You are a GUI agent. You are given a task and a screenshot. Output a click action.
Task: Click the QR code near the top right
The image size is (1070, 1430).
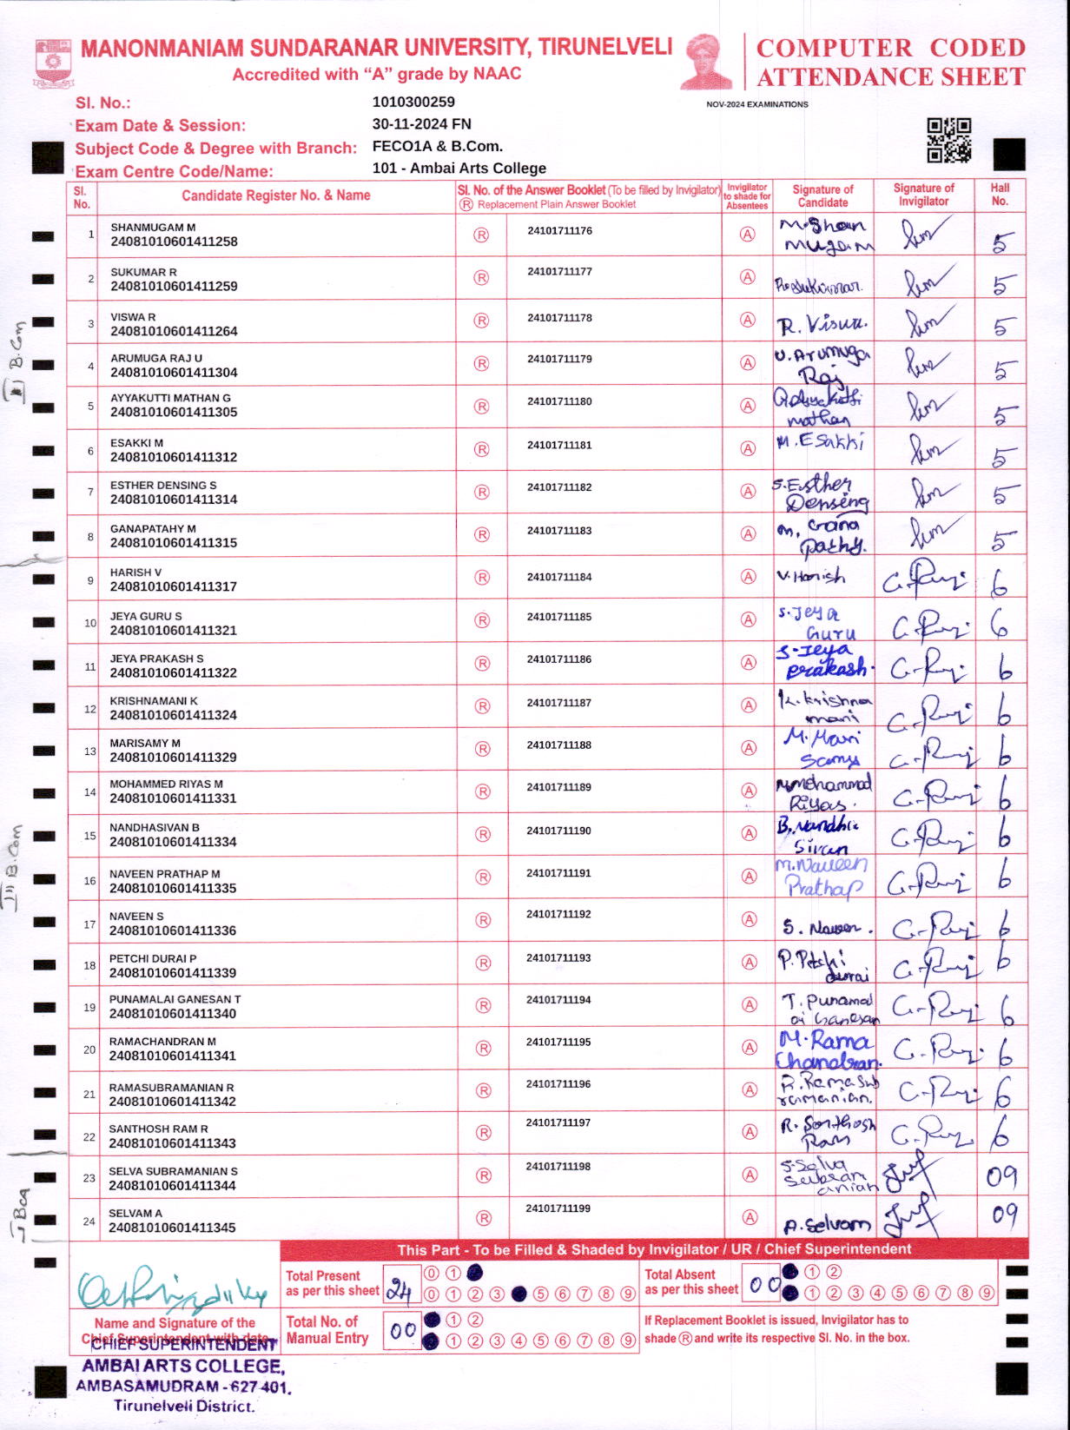coord(948,140)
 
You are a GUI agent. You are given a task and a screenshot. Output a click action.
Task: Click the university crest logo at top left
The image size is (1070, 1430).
coord(54,63)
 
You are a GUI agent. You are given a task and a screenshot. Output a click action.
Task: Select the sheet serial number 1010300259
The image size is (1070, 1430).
coord(413,103)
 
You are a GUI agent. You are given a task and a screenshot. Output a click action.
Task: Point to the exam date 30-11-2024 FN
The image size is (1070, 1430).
coord(422,124)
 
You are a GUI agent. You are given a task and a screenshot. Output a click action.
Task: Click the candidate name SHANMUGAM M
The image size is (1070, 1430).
coord(153,228)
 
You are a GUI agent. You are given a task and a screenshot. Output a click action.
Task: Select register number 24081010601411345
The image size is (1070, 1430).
coord(173,1228)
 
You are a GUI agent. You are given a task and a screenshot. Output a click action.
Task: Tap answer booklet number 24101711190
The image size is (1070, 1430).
coord(558,831)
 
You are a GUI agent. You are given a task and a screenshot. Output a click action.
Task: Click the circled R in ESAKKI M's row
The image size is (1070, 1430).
coord(481,449)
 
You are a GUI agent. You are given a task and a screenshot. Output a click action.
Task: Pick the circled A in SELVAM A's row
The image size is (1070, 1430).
coord(748,1217)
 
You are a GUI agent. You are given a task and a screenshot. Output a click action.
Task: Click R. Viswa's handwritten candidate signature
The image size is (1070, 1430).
coord(822,326)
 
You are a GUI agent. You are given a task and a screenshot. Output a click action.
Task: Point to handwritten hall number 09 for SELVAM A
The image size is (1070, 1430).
coord(1004,1214)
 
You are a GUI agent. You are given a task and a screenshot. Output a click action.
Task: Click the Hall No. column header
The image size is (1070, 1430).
coord(1000,195)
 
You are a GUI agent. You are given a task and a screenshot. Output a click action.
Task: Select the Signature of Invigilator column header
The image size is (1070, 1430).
coord(923,195)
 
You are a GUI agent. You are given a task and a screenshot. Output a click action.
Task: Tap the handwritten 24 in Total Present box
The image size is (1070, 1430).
coord(399,1290)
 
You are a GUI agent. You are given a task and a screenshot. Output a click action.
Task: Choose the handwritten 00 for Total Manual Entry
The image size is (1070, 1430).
coord(403,1331)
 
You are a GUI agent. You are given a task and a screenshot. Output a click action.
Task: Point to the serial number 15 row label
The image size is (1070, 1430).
coord(89,836)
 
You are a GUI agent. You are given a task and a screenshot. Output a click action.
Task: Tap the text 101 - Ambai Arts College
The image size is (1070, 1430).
coord(459,169)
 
